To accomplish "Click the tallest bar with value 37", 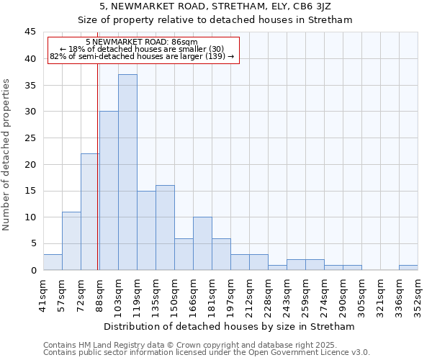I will (127, 172).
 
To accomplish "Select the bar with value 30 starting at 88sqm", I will (109, 191).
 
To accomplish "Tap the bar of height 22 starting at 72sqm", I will (90, 212).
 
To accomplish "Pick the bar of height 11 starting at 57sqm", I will (71, 240).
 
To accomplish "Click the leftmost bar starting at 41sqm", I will (53, 262).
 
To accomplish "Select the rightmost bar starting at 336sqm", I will (408, 267).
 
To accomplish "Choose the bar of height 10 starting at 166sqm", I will (202, 243).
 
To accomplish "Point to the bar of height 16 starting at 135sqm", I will (165, 228).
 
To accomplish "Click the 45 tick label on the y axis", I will (30, 32).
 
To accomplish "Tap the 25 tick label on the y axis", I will (30, 138).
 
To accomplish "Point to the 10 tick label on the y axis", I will (30, 217).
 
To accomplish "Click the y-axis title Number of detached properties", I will (7, 155).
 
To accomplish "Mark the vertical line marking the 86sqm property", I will (97, 180).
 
